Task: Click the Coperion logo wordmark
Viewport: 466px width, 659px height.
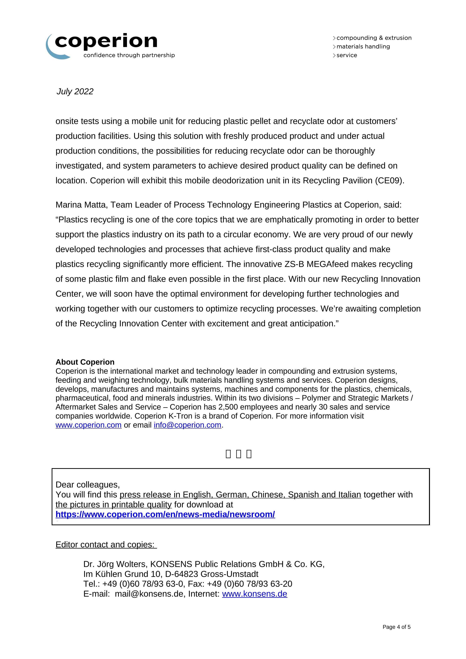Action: point(106,42)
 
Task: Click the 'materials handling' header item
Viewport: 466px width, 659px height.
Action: point(363,47)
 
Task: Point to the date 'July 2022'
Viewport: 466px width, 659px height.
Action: point(75,91)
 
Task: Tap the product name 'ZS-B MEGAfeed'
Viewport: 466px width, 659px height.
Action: point(315,264)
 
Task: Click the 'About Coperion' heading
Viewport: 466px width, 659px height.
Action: point(85,362)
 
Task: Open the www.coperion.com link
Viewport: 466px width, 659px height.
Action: point(88,425)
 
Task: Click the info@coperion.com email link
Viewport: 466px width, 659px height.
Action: point(187,425)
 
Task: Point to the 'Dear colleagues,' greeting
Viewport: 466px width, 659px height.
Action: point(88,484)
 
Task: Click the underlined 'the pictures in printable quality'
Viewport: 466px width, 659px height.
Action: point(113,505)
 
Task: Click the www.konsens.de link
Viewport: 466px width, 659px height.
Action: point(255,594)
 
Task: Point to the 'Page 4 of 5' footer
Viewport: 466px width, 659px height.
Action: point(396,627)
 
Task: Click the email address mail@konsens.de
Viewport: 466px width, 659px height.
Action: point(149,594)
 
